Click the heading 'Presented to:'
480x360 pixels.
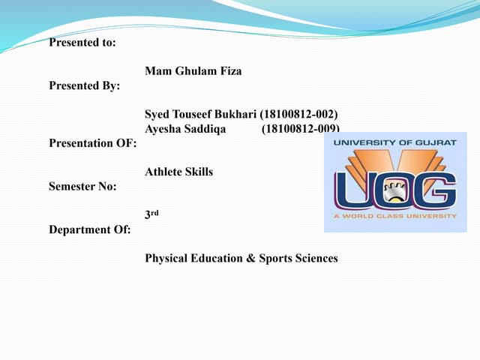82,43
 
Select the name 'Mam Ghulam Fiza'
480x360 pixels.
193,71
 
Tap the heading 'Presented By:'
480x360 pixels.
84,85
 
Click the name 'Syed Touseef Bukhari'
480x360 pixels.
200,114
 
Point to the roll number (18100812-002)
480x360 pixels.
299,114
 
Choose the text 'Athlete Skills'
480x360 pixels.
178,172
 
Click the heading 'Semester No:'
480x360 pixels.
82,186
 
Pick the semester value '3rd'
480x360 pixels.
151,214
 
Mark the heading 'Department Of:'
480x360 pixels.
89,229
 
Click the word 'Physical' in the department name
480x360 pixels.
166,258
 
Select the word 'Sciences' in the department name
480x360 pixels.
316,258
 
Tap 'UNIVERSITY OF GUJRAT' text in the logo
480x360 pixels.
394,142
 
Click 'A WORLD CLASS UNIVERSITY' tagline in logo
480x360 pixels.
395,216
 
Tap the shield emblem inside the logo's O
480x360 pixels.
394,194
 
